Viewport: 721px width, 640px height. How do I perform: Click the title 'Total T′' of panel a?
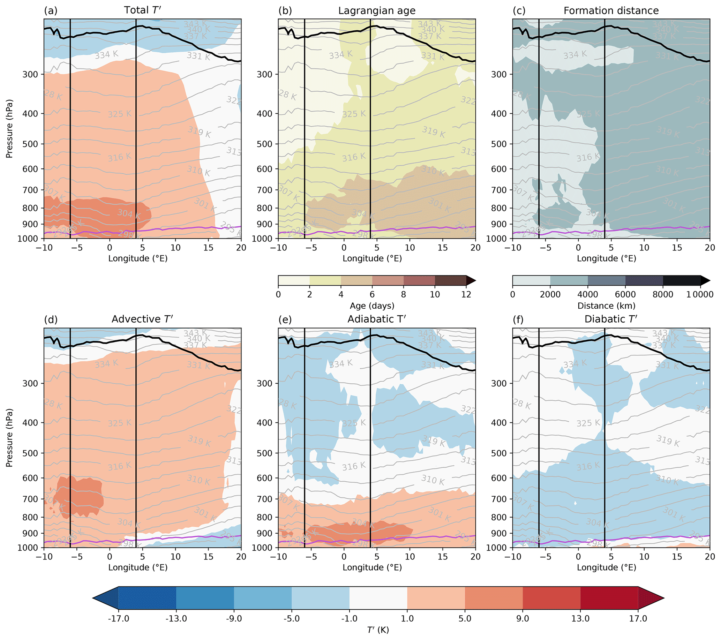143,10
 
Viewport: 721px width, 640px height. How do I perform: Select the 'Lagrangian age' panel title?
377,10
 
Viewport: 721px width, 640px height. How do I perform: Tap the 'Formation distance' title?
611,10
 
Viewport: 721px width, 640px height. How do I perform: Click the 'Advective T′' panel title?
142,319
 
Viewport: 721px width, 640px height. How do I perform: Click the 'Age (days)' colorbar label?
372,306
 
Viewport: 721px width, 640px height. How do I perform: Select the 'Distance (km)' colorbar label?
606,306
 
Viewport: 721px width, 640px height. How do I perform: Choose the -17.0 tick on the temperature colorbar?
119,619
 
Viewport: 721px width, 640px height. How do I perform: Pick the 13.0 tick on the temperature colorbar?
580,619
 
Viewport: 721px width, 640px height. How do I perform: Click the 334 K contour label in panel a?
106,55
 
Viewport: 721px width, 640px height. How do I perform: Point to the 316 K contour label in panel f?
588,467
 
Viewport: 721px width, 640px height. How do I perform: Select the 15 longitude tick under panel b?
442,248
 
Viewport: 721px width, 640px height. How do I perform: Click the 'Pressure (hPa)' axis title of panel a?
9,129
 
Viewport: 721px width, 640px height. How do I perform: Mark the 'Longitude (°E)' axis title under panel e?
372,567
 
